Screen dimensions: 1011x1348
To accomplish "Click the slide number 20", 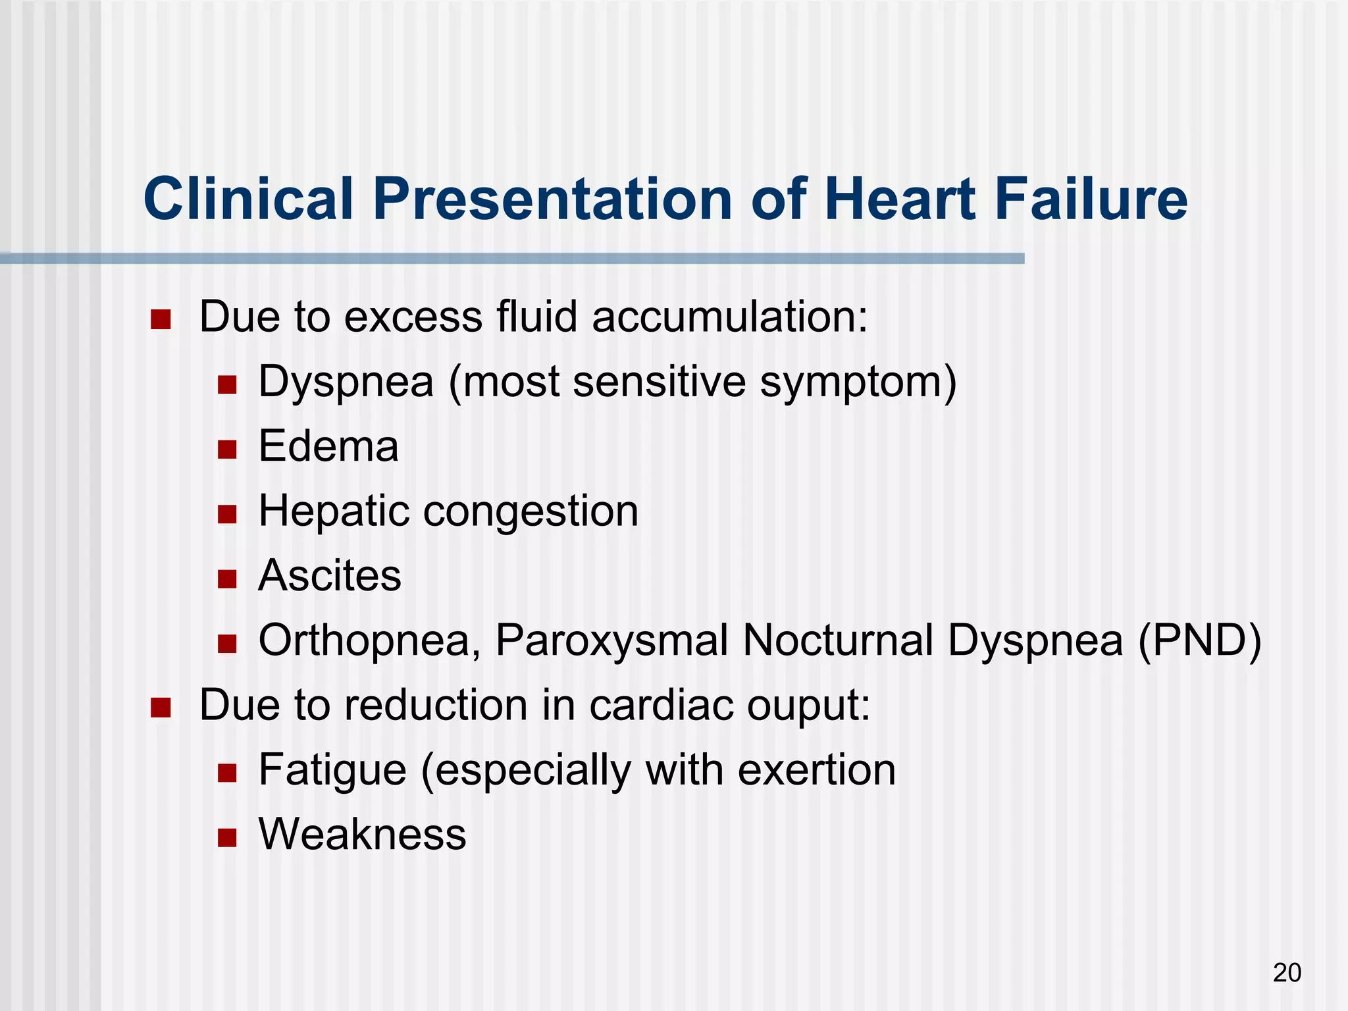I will click(1287, 972).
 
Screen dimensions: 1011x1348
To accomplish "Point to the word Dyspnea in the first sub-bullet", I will click(346, 382).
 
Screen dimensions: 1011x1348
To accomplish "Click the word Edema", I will click(328, 446).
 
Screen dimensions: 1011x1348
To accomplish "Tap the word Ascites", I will click(330, 575).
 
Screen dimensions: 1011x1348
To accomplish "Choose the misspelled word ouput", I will click(808, 706).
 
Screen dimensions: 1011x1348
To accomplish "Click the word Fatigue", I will click(332, 770).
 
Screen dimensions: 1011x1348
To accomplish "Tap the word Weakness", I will click(362, 834).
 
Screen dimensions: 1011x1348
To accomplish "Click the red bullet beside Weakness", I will click(227, 838).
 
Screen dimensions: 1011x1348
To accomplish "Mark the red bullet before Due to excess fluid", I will click(161, 321).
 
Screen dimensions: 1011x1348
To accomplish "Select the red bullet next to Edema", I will click(227, 450).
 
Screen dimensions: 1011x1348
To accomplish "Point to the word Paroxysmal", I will click(611, 640).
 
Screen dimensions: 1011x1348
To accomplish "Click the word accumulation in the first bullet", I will click(729, 317).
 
